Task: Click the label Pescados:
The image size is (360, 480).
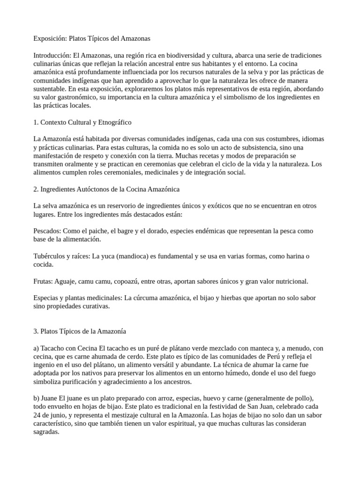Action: click(48, 231)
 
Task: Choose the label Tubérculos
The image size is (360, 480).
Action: click(51, 256)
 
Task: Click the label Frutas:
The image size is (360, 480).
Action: click(45, 281)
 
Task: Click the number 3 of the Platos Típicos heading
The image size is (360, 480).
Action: click(36, 331)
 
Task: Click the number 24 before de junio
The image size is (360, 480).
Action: click(37, 415)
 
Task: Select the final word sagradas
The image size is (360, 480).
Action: click(46, 432)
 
